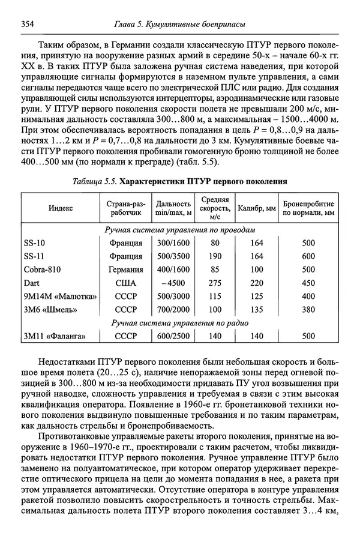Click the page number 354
(27, 23)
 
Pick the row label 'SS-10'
(34, 243)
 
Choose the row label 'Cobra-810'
(42, 269)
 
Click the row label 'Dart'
(32, 283)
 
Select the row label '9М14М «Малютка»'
(59, 296)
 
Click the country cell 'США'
(126, 283)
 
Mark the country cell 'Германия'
(126, 269)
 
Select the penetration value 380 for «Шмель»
(308, 310)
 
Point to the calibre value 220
(257, 283)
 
